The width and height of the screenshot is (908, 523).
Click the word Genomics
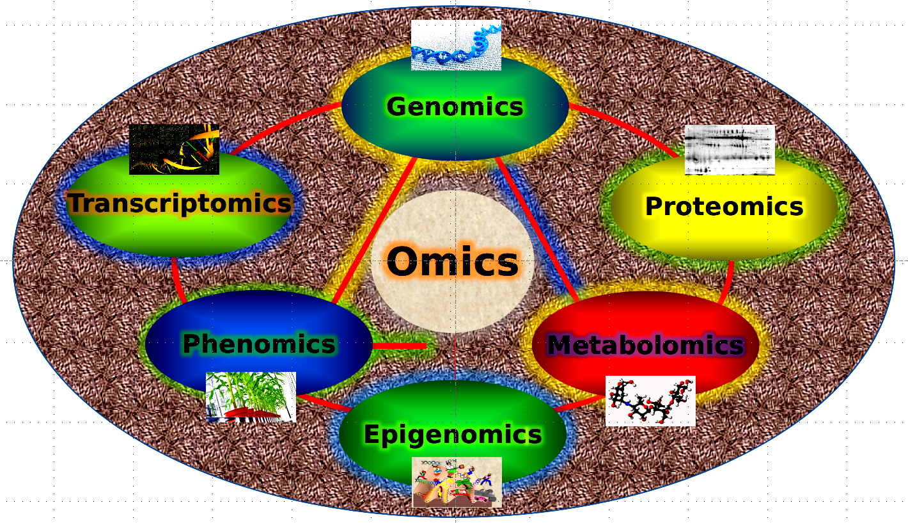point(455,107)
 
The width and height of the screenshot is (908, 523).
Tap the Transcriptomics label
point(180,203)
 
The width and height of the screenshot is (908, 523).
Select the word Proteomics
point(724,207)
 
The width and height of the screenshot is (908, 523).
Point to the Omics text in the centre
point(452,262)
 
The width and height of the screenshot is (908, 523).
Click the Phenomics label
point(259,344)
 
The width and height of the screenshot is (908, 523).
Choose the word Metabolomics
point(645,345)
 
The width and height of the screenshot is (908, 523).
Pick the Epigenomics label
point(453,435)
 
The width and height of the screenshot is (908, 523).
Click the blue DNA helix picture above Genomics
point(456,45)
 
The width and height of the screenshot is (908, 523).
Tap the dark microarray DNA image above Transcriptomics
point(174,149)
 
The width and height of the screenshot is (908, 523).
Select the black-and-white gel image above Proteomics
point(730,150)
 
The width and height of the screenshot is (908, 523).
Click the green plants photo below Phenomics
point(251,398)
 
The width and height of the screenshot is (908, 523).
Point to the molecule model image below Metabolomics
point(650,401)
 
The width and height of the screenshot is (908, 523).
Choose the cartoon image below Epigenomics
point(457,482)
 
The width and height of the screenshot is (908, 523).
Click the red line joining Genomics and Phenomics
point(373,231)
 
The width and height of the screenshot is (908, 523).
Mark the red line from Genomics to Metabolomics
point(538,230)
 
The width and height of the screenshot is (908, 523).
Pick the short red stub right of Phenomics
point(399,346)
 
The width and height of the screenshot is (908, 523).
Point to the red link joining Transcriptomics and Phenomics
point(178,280)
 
